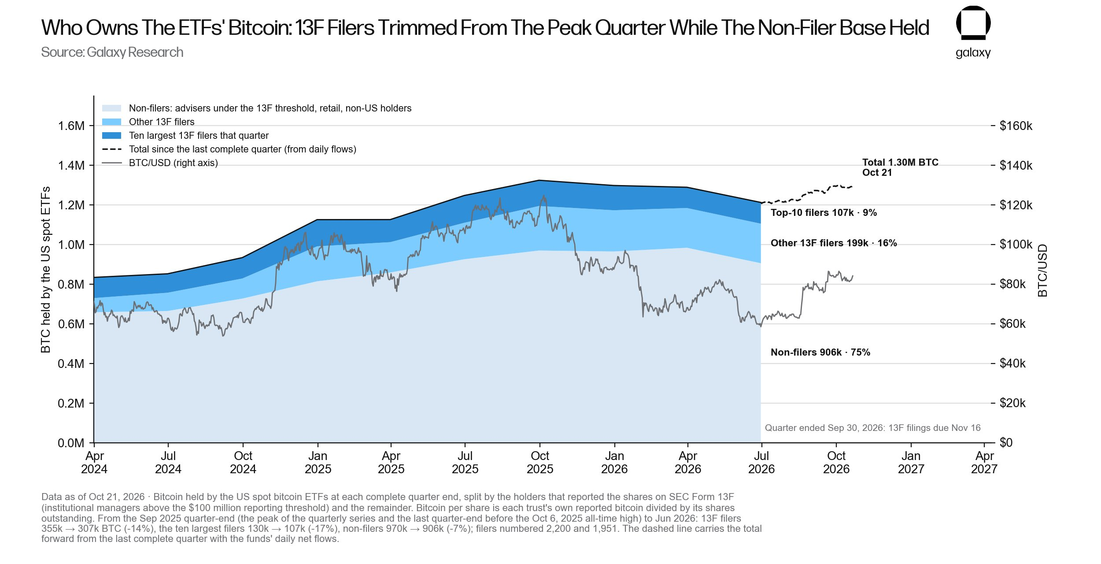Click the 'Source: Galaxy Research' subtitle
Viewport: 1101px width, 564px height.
point(112,52)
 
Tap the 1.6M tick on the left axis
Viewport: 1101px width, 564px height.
point(71,126)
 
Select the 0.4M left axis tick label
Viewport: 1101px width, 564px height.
point(71,364)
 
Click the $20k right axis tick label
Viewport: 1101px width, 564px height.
point(1012,403)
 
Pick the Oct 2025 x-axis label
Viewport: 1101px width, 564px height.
point(540,462)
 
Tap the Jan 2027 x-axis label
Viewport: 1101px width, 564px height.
point(911,462)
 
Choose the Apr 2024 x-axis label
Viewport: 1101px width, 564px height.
point(94,462)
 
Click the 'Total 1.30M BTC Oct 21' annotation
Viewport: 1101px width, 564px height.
point(900,167)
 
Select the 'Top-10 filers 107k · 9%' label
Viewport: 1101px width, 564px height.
point(824,213)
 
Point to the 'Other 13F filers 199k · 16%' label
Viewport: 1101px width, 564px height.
point(834,243)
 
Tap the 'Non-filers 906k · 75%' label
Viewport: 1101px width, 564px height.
point(820,352)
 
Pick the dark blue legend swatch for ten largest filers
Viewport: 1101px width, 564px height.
point(111,136)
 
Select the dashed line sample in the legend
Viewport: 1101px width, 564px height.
point(111,149)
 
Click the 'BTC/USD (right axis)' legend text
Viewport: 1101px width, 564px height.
point(174,163)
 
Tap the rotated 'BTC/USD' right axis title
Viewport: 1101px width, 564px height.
point(1042,271)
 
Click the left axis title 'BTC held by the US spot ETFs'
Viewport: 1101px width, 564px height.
point(45,270)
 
